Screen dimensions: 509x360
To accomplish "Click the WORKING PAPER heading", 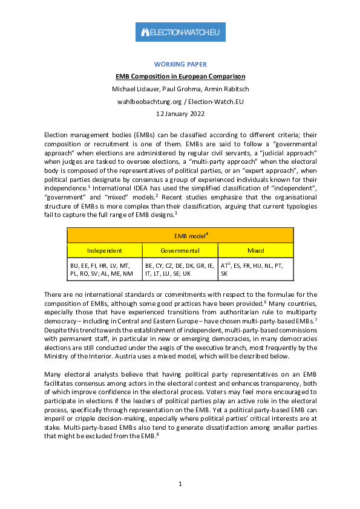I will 180,64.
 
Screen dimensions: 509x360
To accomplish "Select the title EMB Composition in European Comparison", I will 180,77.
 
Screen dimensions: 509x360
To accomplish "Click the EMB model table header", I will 180,235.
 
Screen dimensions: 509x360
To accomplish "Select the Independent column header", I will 104,250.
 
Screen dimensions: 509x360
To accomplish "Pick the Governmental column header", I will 180,250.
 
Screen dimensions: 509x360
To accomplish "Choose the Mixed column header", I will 255,250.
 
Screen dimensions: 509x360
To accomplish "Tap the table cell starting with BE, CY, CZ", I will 180,269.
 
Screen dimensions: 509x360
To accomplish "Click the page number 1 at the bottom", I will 180,484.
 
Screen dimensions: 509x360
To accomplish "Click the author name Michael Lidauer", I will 134,89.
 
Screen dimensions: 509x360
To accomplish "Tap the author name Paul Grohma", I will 178,89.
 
